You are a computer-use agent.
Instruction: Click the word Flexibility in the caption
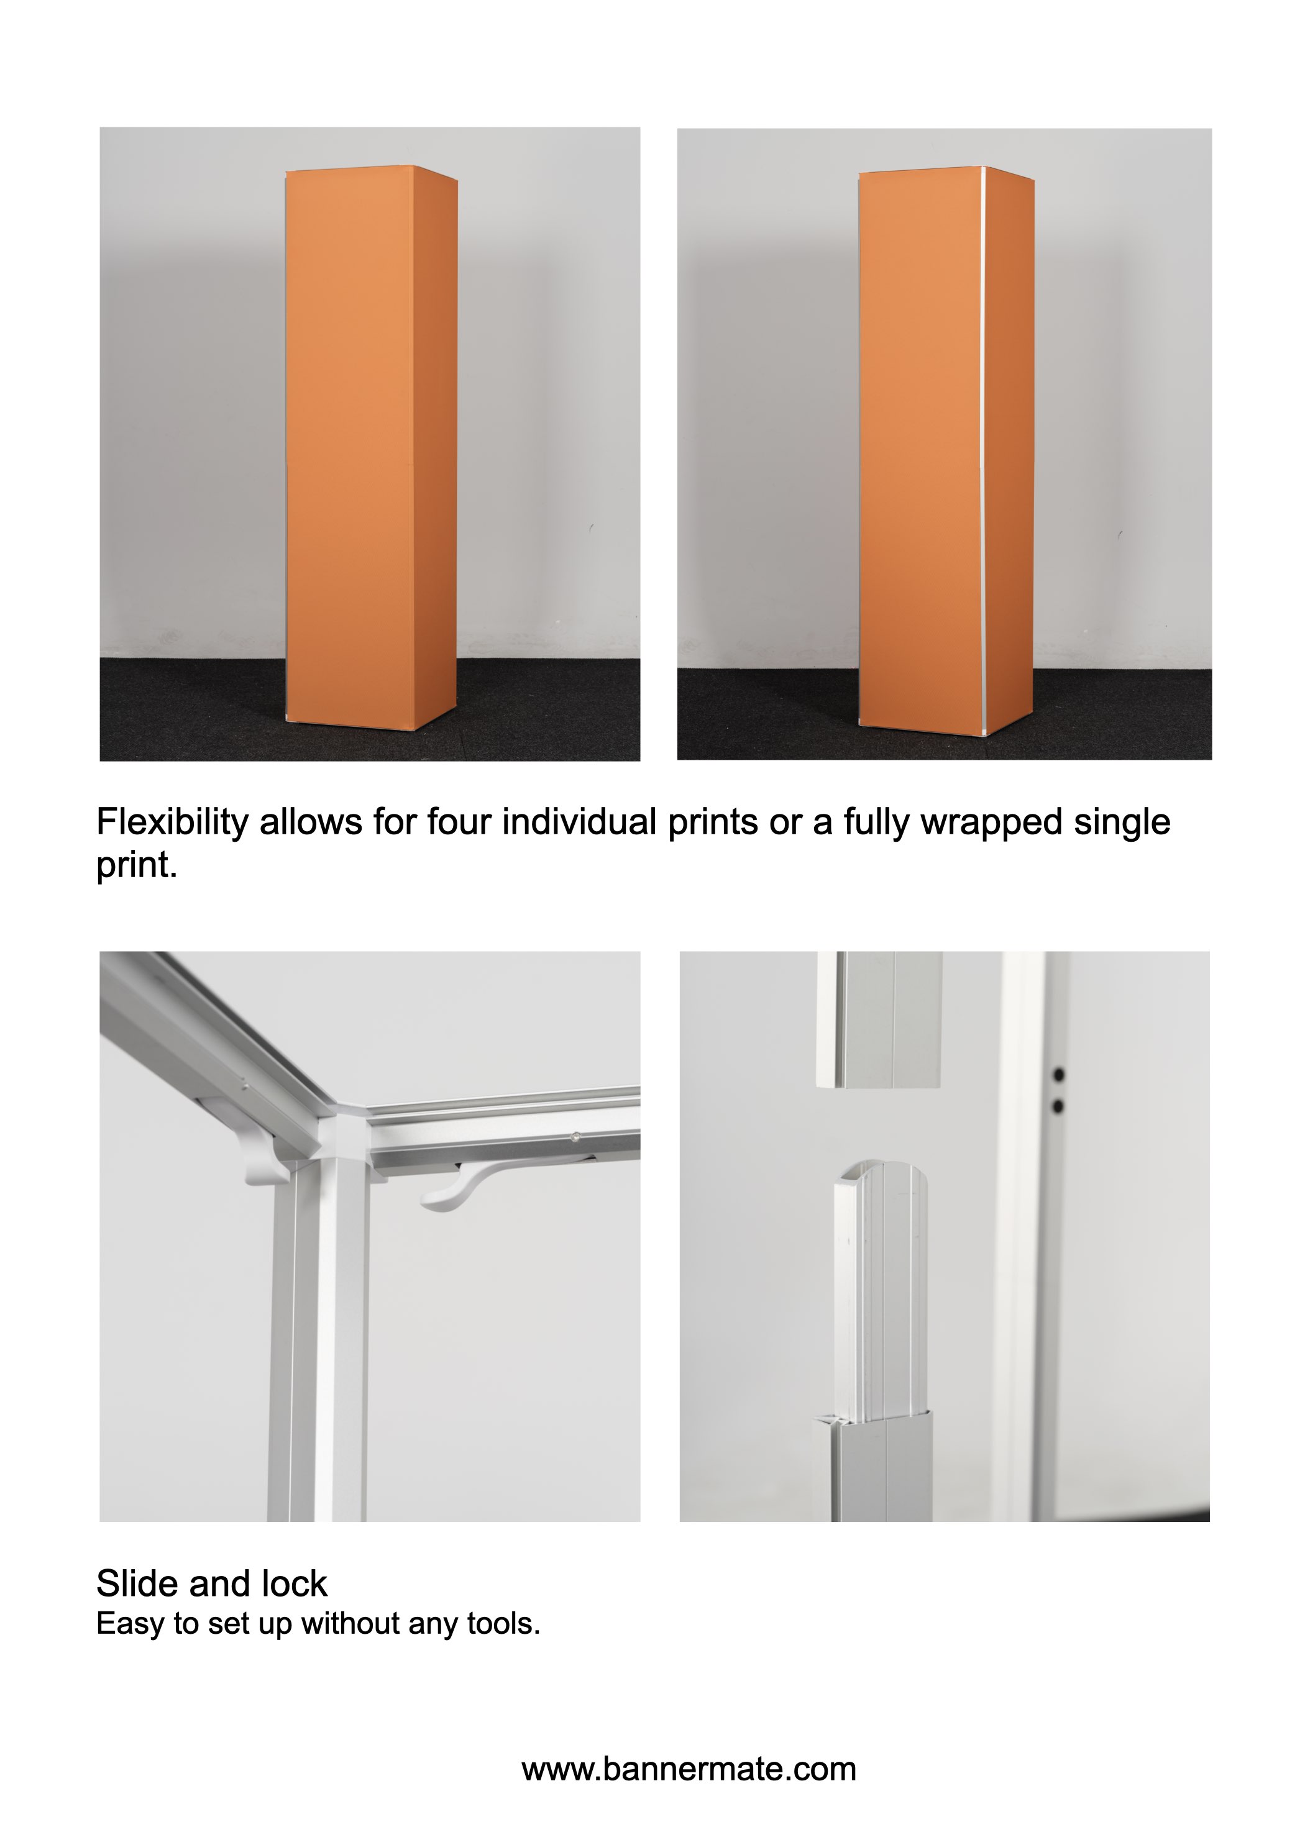point(172,822)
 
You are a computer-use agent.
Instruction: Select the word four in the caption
point(459,821)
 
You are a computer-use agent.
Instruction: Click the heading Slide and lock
point(211,1583)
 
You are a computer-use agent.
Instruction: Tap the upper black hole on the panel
point(1059,1073)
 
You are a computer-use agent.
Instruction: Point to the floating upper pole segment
point(879,1019)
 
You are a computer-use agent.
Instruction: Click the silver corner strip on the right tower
point(983,450)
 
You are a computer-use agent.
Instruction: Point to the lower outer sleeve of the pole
point(881,1470)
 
